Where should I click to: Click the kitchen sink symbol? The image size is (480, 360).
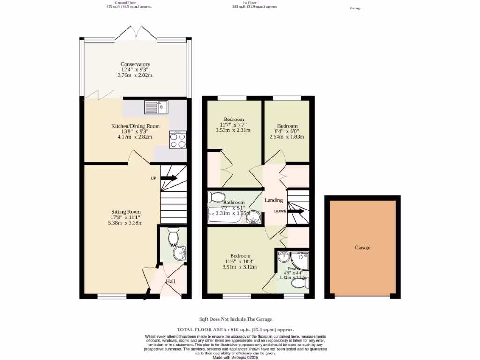pos(157,107)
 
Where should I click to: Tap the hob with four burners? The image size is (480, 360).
pos(178,140)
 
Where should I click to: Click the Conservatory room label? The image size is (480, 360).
pos(135,64)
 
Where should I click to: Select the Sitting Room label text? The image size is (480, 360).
pos(126,212)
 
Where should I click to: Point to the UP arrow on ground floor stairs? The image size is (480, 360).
pos(169,178)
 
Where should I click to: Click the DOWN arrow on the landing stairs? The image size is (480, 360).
pos(296,211)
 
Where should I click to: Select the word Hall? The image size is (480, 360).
pos(171,281)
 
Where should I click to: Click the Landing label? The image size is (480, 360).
pos(273,200)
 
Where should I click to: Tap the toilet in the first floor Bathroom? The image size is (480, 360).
pos(217,196)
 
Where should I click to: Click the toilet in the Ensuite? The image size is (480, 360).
pos(299,284)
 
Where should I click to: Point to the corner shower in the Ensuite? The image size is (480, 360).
pos(300,258)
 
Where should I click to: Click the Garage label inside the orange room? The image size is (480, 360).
pos(362,247)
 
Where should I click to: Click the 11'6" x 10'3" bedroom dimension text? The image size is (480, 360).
pos(240,262)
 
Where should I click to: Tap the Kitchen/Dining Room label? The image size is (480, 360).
pos(135,126)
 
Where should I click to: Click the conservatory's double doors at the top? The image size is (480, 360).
pos(135,34)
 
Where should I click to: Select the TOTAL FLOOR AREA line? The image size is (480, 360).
pos(235,330)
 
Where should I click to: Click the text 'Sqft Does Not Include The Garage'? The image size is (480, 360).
pos(235,319)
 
